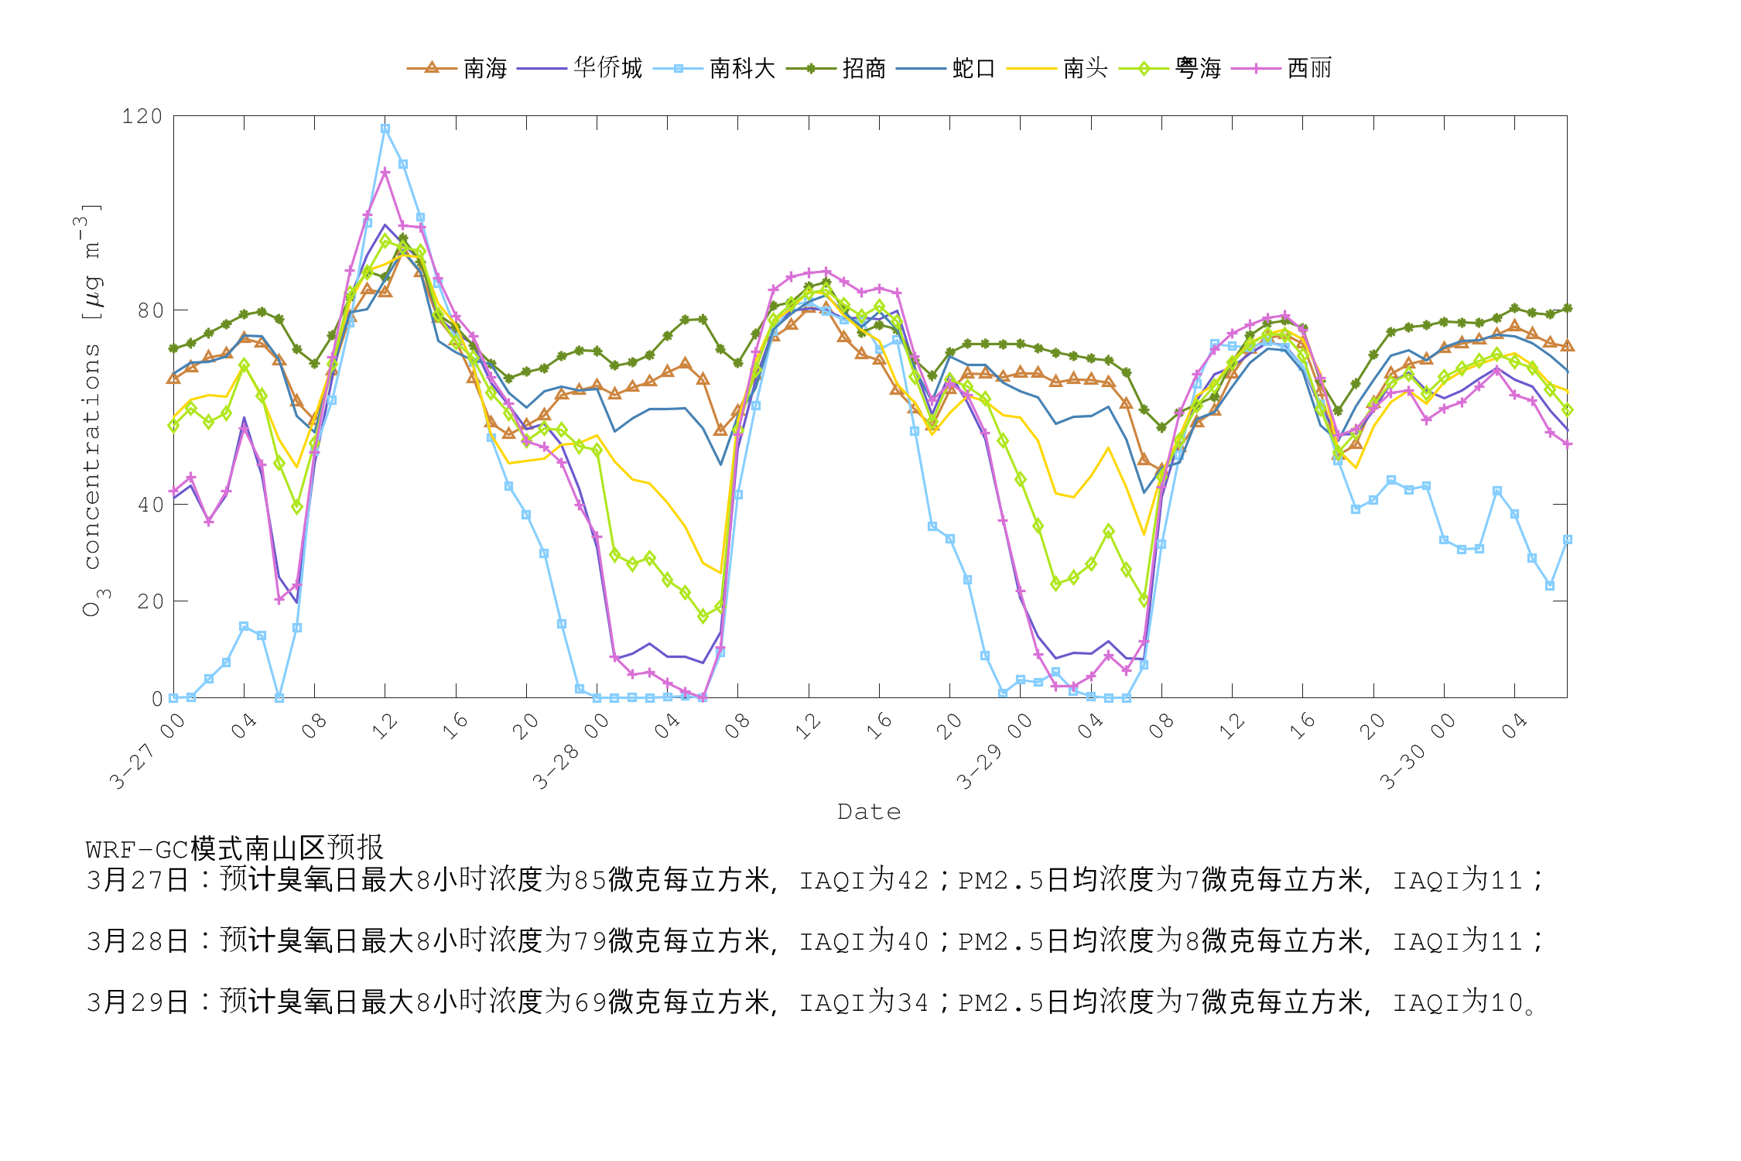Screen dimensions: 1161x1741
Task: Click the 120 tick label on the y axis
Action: click(142, 117)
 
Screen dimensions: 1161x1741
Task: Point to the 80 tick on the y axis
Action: click(150, 310)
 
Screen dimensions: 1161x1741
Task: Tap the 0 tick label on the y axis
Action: click(157, 699)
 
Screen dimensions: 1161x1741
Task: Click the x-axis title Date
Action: click(869, 812)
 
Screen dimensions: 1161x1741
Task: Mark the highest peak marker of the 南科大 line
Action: click(385, 129)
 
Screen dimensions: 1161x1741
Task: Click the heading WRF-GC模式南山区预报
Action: click(234, 848)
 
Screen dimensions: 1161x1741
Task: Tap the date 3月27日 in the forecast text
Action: click(138, 880)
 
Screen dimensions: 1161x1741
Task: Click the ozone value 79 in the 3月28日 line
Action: click(590, 941)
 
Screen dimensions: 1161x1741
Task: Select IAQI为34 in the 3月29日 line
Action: click(864, 1002)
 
